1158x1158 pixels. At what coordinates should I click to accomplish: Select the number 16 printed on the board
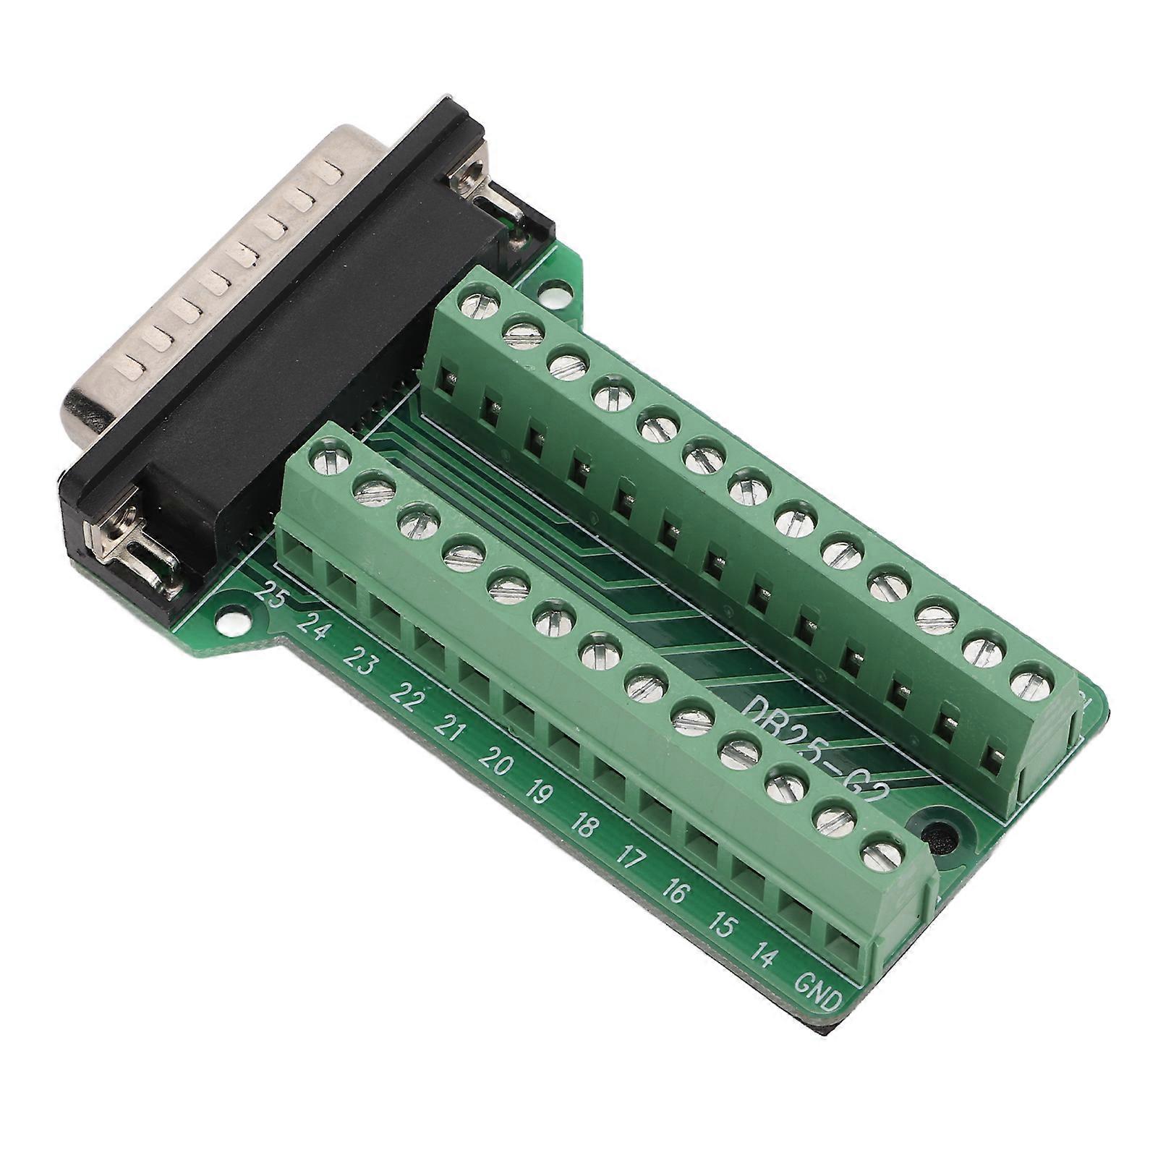coord(674,892)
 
